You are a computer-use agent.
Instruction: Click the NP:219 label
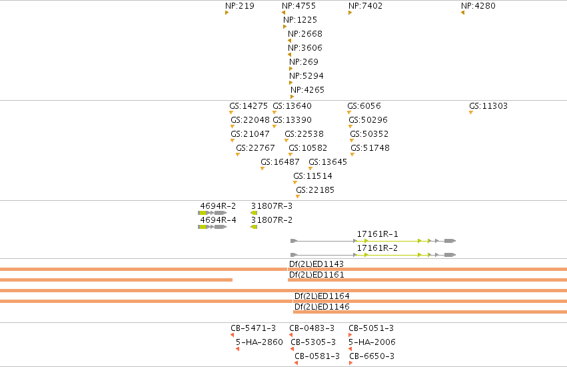click(x=239, y=6)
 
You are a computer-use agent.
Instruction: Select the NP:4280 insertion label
click(x=478, y=6)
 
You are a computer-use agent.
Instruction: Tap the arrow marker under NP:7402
click(x=350, y=13)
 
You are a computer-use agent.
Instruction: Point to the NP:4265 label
click(x=307, y=90)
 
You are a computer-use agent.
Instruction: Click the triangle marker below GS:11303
click(x=471, y=113)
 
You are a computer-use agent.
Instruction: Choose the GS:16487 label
click(x=280, y=162)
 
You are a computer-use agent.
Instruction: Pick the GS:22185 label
click(x=315, y=190)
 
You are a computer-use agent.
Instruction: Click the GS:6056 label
click(x=364, y=106)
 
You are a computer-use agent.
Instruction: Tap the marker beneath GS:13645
click(x=310, y=169)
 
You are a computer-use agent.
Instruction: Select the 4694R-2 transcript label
click(x=218, y=206)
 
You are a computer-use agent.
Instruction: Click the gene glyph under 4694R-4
click(x=213, y=227)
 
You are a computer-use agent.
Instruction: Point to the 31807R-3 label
click(x=272, y=206)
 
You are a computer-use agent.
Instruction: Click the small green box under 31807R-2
click(x=254, y=227)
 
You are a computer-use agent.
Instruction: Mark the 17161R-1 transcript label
click(x=377, y=234)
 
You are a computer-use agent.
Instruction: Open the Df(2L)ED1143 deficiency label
click(x=316, y=264)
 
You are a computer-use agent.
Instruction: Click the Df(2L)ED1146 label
click(x=322, y=307)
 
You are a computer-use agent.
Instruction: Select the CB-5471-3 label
click(x=253, y=328)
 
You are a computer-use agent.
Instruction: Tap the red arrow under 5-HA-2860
click(x=237, y=349)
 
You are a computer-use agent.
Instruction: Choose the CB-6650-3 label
click(x=372, y=356)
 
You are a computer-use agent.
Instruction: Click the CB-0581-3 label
click(x=317, y=356)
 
